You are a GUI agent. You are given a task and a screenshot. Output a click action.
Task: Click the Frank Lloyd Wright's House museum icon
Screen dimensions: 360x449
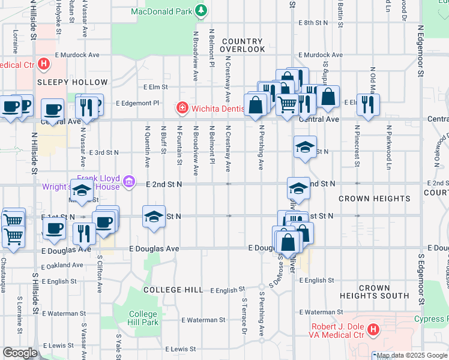pos(128,181)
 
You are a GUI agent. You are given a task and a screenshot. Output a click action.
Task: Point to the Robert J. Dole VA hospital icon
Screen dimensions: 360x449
pos(373,329)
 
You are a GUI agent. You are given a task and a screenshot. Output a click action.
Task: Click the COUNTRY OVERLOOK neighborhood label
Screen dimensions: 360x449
pos(242,45)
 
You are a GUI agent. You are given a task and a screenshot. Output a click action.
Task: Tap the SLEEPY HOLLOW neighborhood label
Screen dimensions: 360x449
pos(72,82)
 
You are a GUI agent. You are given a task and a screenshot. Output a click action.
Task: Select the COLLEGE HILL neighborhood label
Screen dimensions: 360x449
pos(173,290)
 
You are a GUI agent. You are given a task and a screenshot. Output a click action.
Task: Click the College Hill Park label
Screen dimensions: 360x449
pos(143,318)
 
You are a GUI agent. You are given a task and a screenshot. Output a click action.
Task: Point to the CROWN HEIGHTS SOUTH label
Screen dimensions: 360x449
pos(374,292)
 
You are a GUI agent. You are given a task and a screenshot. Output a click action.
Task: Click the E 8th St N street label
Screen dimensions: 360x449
pos(313,22)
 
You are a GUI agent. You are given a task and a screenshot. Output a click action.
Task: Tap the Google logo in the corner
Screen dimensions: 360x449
pos(19,353)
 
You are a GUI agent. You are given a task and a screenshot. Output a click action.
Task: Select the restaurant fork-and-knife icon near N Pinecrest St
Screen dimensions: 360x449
pos(365,104)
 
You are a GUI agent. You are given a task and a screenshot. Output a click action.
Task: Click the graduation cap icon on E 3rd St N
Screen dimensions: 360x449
pos(305,148)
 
